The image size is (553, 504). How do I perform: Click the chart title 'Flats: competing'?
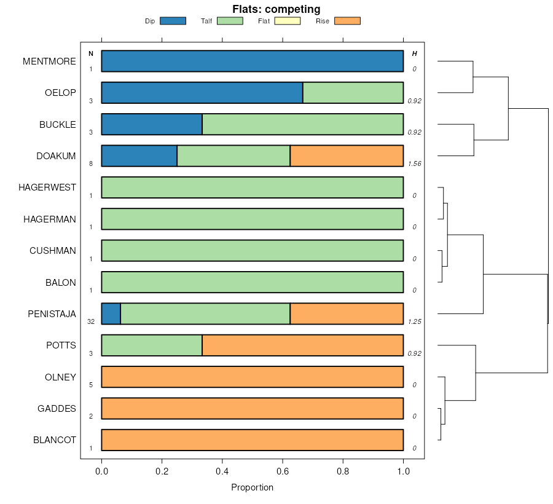pos(276,9)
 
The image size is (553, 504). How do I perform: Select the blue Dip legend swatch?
pos(172,21)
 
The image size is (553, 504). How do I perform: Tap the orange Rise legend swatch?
pos(347,21)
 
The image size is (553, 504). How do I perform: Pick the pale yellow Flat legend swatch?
pos(287,21)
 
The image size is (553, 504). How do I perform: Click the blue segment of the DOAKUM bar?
pos(139,156)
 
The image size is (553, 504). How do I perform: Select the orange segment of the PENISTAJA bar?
pos(347,313)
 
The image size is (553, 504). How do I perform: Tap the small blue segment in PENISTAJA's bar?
pos(111,313)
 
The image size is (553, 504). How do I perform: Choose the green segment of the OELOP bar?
pos(353,93)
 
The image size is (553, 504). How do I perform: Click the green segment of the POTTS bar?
pos(152,345)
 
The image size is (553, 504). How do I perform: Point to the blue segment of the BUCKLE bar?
pos(152,124)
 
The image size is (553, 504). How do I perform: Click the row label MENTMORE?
pos(49,61)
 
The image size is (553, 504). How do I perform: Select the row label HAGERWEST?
pos(47,187)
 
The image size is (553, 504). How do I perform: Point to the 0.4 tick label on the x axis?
pos(222,471)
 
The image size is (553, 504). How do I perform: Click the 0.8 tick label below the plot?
pos(343,471)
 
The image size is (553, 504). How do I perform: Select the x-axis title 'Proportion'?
pos(252,487)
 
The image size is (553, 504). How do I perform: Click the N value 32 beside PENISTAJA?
pos(91,321)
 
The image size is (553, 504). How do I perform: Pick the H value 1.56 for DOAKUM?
pos(414,164)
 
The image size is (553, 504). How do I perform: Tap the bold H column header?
pos(414,54)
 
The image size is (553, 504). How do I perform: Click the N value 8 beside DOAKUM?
pos(91,164)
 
